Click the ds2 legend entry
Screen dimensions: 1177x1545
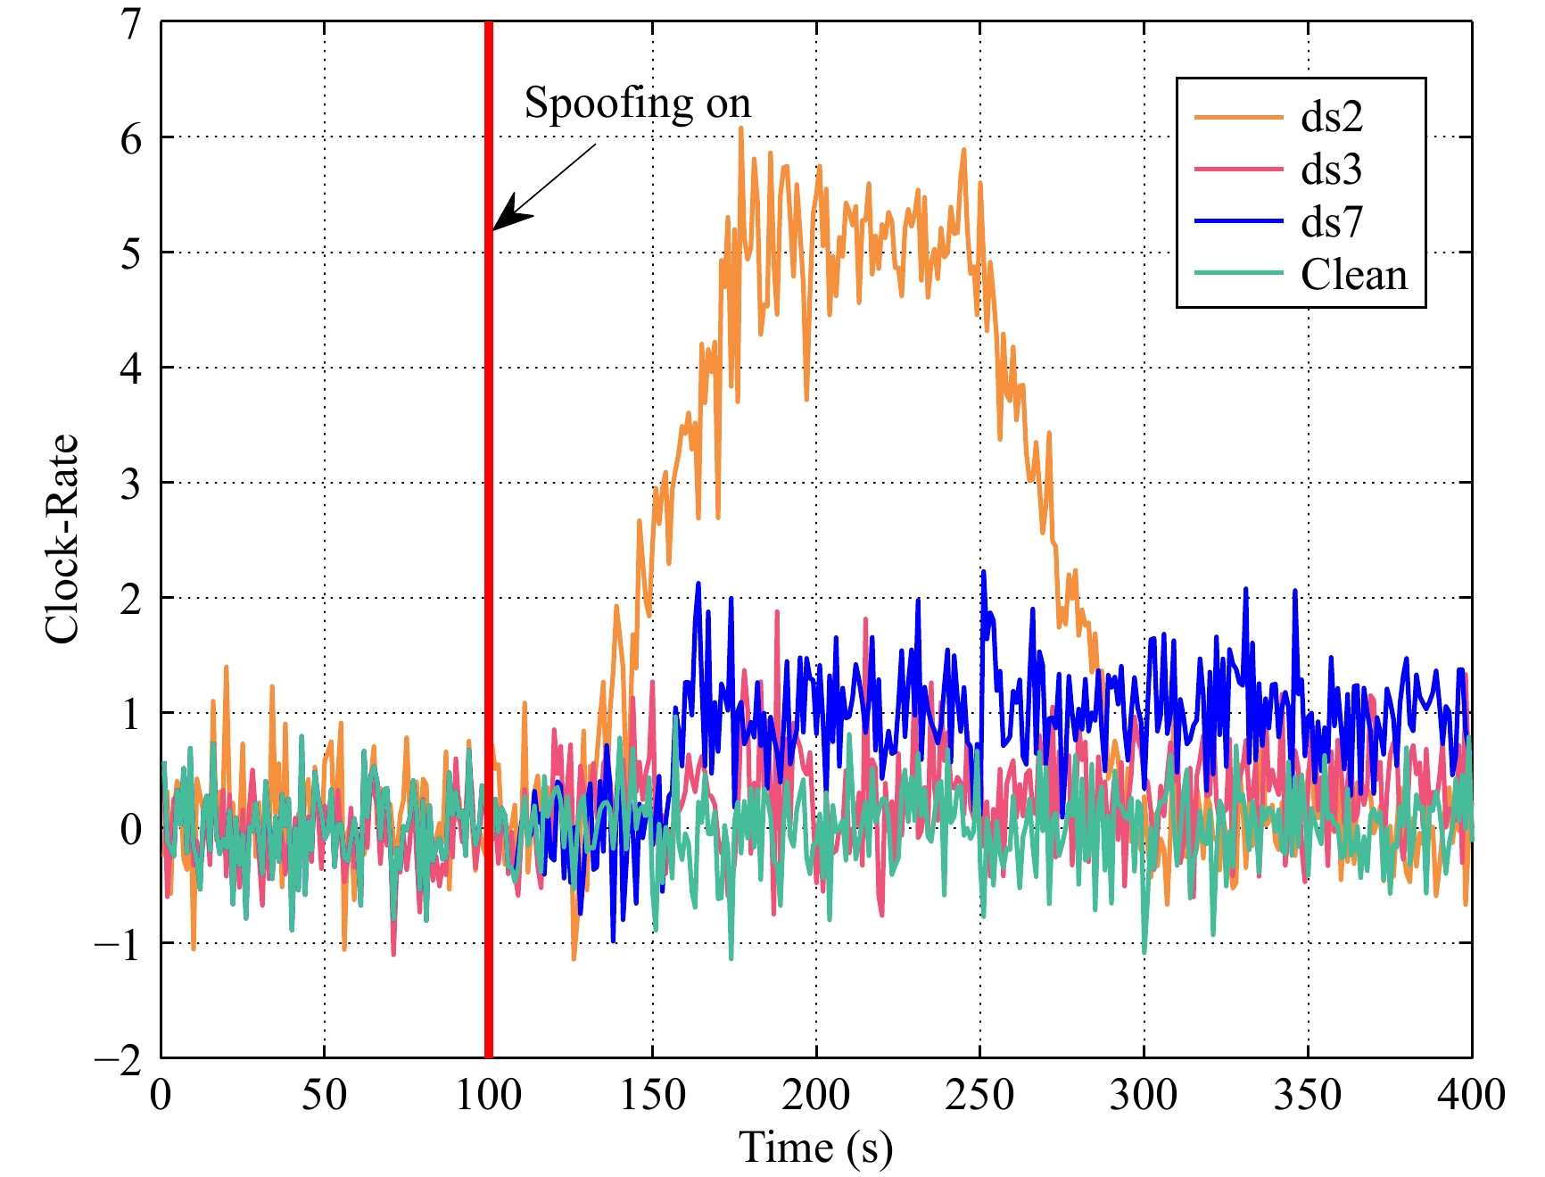coord(1331,117)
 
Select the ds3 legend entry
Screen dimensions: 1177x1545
coord(1331,170)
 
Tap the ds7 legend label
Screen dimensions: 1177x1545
coord(1332,221)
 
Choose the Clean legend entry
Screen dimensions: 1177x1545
coord(1353,274)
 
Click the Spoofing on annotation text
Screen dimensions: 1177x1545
coord(637,104)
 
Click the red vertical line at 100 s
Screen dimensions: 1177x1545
coord(489,625)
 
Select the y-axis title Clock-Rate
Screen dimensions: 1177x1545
coord(62,539)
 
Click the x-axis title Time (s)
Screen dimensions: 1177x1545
coord(815,1148)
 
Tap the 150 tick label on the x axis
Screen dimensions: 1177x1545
coord(652,1095)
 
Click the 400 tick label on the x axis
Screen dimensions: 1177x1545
coord(1470,1095)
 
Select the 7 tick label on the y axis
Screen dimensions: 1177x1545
coord(132,24)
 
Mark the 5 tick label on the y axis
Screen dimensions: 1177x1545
coord(132,254)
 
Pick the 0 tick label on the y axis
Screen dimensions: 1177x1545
coord(132,830)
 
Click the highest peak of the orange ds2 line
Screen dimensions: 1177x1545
coord(740,128)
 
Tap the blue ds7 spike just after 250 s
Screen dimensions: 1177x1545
coord(983,572)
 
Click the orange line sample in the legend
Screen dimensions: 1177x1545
coord(1237,117)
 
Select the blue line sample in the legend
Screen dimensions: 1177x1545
coord(1237,221)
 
